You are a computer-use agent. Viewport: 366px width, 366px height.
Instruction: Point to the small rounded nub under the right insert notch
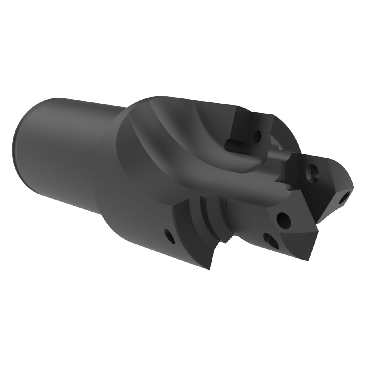(x=289, y=187)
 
